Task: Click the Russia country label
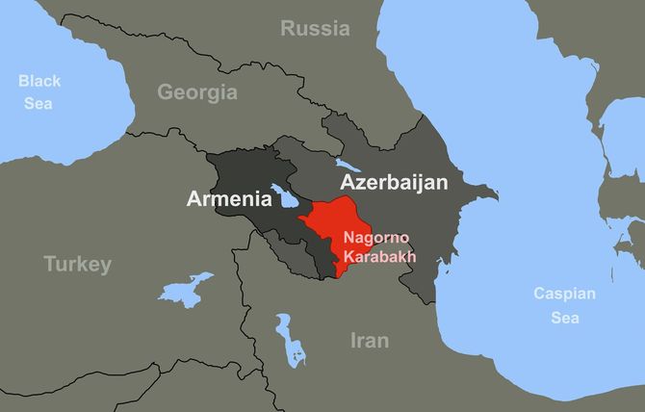coord(315,29)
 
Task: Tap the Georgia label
coord(197,92)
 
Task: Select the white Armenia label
coord(229,200)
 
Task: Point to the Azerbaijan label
coord(393,182)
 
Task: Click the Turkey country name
coord(77,264)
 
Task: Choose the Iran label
coord(369,340)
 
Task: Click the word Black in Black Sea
coord(39,81)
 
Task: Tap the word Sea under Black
coord(39,100)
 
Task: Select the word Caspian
coord(565,295)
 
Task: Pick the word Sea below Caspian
coord(565,317)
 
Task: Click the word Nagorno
coord(375,239)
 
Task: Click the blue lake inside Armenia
coord(287,197)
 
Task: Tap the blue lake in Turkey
coord(184,289)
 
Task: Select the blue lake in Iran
coord(290,338)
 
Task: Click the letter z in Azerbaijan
coord(359,183)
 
